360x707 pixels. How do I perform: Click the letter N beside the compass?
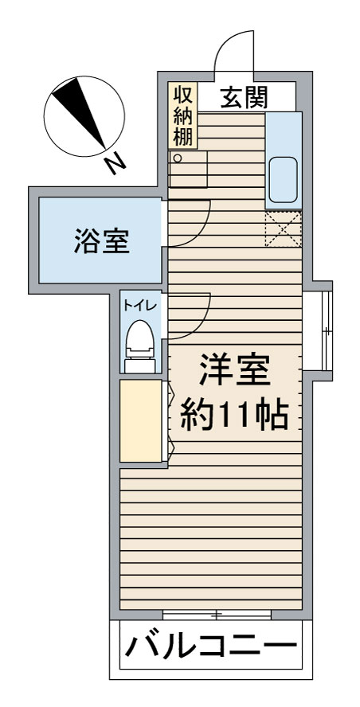pyautogui.click(x=116, y=163)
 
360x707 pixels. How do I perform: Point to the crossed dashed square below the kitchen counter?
pyautogui.click(x=284, y=229)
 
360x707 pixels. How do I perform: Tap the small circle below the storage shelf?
pyautogui.click(x=178, y=158)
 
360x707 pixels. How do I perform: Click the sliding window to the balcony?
pyautogui.click(x=216, y=614)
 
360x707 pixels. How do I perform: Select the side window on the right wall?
pyautogui.click(x=326, y=328)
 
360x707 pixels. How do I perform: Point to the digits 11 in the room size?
pyautogui.click(x=237, y=414)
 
